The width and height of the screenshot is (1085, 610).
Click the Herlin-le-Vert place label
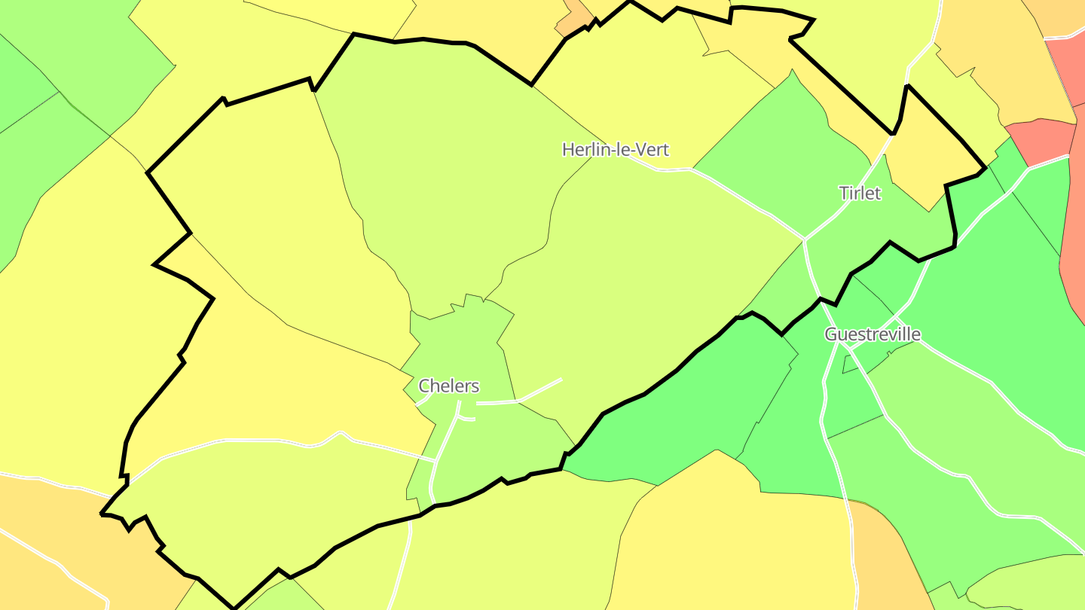pos(615,149)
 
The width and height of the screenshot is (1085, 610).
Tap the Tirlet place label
pos(860,193)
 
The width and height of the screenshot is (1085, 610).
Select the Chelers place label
pos(448,386)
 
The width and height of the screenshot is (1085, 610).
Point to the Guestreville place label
pos(872,334)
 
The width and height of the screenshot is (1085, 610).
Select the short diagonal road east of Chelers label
pos(539,390)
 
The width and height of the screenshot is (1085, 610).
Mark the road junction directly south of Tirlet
pos(805,240)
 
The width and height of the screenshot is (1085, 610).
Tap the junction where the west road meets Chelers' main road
pos(436,460)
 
